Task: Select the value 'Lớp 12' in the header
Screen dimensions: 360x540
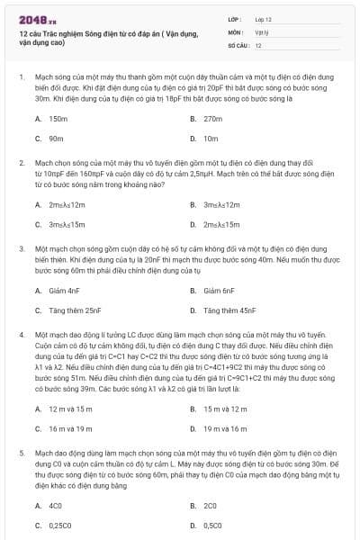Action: [x=263, y=18]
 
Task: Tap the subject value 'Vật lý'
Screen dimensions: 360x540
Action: [x=261, y=31]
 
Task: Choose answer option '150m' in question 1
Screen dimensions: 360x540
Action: [x=58, y=119]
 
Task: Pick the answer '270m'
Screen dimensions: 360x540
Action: [x=212, y=119]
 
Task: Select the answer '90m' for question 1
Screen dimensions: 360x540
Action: [x=56, y=139]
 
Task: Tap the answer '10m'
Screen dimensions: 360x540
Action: [x=211, y=139]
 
